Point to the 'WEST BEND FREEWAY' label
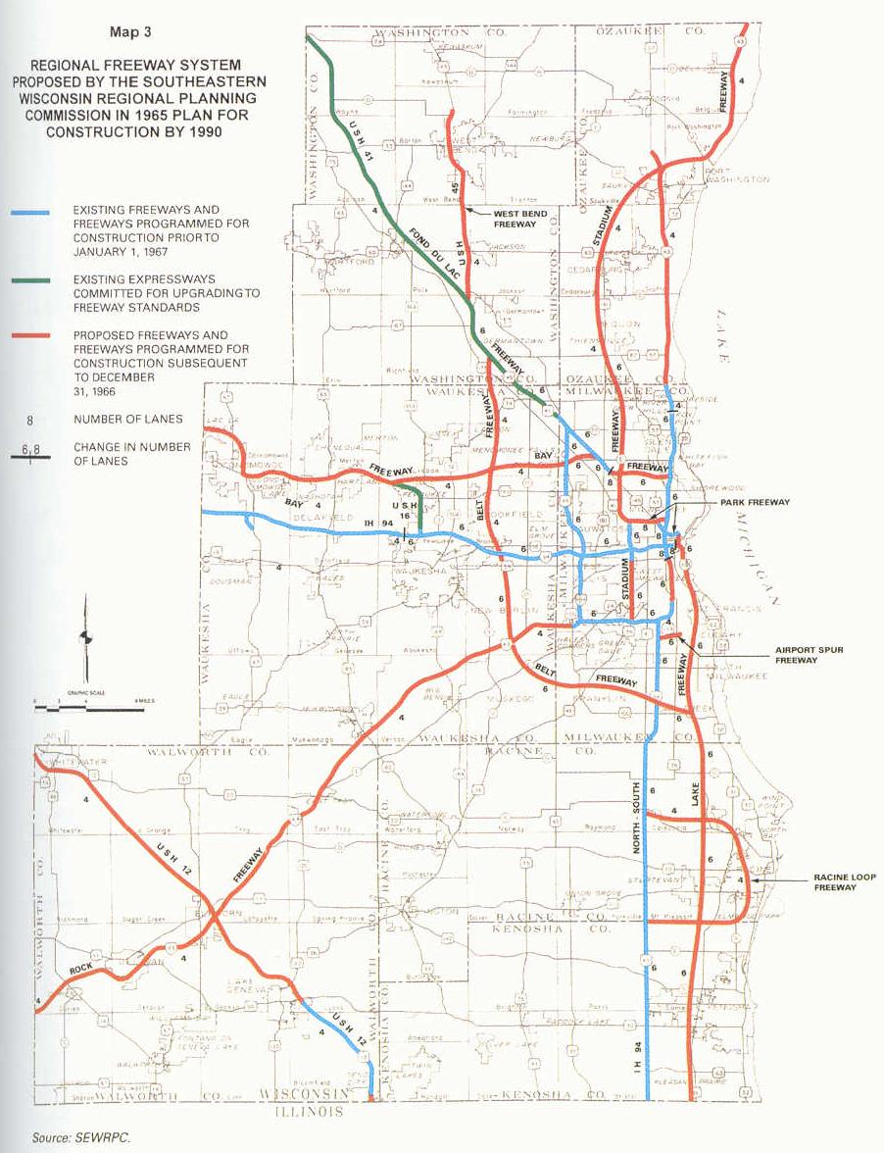(515, 218)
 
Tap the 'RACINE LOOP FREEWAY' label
(836, 881)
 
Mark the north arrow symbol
(85, 637)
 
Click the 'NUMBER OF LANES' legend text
(127, 420)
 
